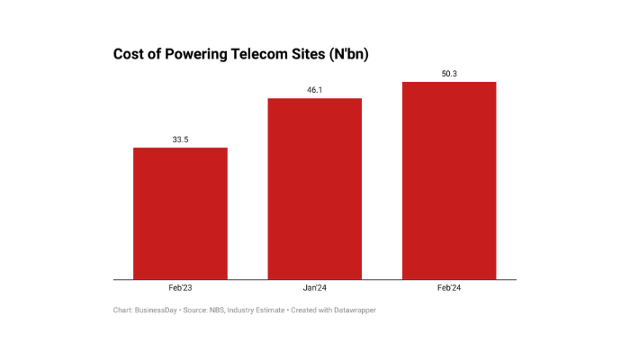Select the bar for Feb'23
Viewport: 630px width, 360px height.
click(x=180, y=213)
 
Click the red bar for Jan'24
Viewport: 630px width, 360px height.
click(x=315, y=188)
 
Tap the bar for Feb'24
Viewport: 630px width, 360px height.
click(x=449, y=180)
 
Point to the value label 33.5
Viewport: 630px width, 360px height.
click(x=180, y=139)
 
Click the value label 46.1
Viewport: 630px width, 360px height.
click(x=315, y=90)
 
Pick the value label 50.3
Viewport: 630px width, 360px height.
click(x=449, y=74)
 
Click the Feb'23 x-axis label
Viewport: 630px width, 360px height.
click(x=180, y=288)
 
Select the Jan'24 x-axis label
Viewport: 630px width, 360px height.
click(x=315, y=288)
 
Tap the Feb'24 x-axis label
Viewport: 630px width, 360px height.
click(x=449, y=288)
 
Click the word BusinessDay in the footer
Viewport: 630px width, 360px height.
click(x=157, y=310)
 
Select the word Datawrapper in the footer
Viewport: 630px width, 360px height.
click(x=352, y=310)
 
